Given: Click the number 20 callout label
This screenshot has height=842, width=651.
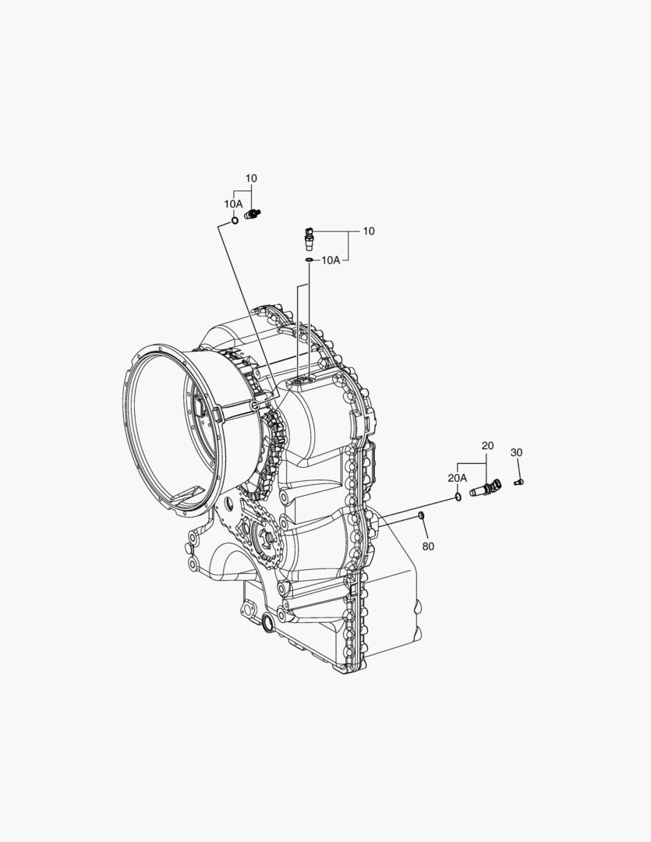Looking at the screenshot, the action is pyautogui.click(x=487, y=446).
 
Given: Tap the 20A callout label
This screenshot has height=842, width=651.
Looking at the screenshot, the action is pyautogui.click(x=458, y=478).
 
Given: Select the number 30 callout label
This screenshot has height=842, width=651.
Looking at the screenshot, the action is pyautogui.click(x=516, y=453).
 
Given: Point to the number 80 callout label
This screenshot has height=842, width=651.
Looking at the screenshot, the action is pyautogui.click(x=428, y=546).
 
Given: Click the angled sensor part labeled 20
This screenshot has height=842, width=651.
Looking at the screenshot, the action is pyautogui.click(x=485, y=487).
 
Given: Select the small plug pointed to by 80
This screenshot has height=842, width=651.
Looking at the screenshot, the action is pyautogui.click(x=422, y=516).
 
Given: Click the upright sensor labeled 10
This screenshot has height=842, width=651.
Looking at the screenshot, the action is pyautogui.click(x=310, y=239).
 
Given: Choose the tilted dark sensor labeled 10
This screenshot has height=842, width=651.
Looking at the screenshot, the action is pyautogui.click(x=252, y=214).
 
